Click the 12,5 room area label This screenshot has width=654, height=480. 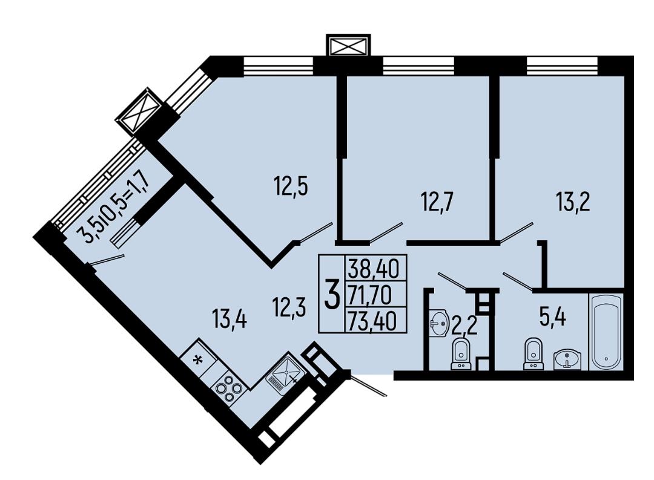coord(291,186)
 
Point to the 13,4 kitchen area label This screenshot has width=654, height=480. coord(230,321)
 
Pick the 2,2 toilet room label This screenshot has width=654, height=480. coord(464,326)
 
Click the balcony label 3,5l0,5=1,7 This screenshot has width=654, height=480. coord(116,207)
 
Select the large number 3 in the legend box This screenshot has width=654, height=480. coord(332,294)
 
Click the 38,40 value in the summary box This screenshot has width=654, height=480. coord(374,268)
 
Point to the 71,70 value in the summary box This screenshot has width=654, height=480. coord(371,295)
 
